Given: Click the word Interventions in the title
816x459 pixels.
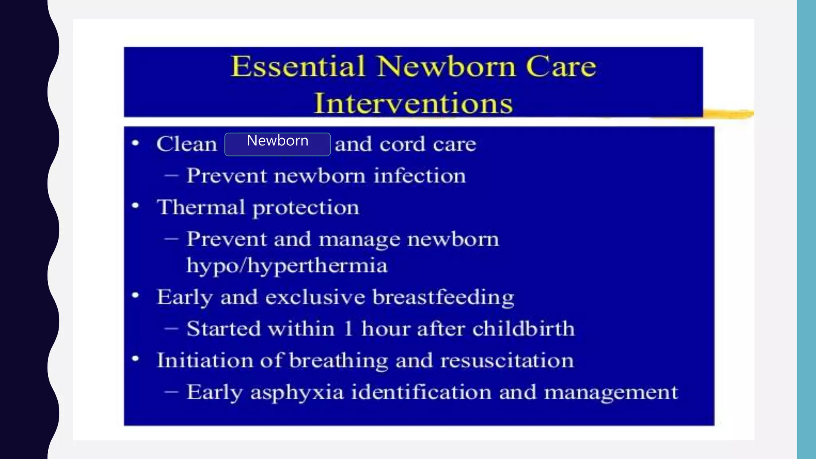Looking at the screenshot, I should [413, 103].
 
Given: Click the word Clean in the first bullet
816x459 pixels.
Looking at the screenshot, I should [187, 144].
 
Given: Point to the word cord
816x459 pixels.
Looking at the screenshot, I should [402, 144].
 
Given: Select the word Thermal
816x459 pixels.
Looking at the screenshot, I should [201, 207].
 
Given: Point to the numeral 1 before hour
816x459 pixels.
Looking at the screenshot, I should [348, 329].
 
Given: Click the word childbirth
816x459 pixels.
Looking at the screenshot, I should [524, 329].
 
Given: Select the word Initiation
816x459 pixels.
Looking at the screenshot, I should [205, 361].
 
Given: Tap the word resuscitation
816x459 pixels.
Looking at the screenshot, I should [507, 361].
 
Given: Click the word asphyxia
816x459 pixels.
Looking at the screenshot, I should [297, 392].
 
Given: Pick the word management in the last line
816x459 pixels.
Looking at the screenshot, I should [611, 392].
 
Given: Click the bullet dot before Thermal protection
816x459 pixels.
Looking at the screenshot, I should [135, 206].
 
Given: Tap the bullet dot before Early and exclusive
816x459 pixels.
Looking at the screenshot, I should [135, 296].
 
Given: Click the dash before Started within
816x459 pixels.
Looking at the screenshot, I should [171, 329].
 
